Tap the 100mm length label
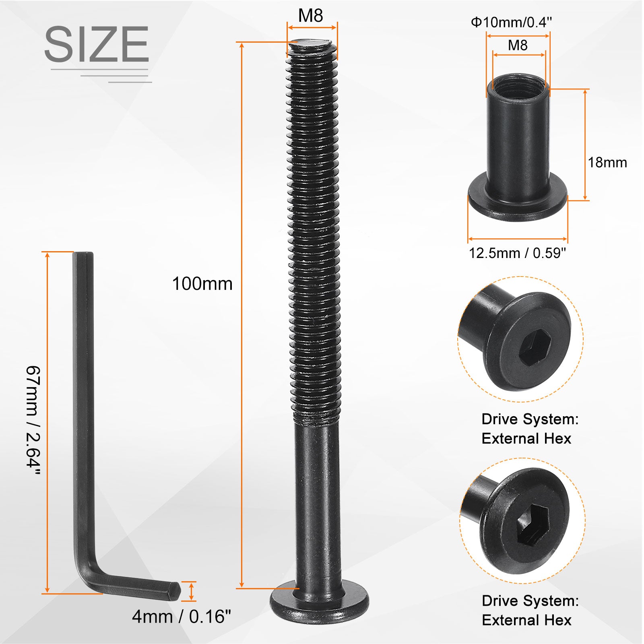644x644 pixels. [x=202, y=284]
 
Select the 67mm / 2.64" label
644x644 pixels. [x=33, y=421]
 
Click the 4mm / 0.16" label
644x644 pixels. [x=182, y=616]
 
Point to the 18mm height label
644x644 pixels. [x=607, y=163]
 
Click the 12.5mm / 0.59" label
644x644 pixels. [x=517, y=253]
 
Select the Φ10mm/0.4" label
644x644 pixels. [x=511, y=22]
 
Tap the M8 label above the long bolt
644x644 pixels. [x=310, y=16]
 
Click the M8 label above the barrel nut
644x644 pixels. [x=518, y=45]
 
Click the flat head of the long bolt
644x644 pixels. [x=319, y=603]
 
